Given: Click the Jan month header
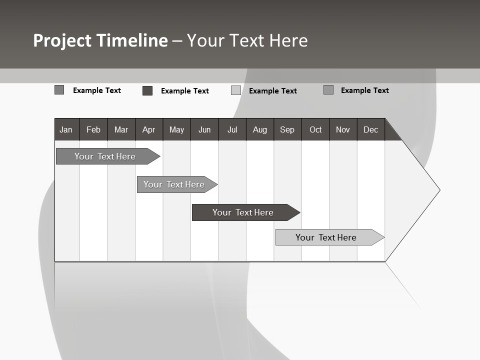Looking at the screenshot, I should coord(66,129).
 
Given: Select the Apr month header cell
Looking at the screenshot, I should coord(149,129).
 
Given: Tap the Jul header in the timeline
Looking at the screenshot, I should coord(232,129).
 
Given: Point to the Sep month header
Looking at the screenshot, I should coord(287,129).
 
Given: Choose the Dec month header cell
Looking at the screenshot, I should coord(370,129).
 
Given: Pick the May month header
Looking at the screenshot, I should coord(176,129).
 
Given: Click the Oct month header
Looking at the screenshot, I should coord(315,129).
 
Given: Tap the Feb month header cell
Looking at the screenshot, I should coord(93,129).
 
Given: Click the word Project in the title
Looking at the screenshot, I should coord(62,40).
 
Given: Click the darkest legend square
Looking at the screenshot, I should coord(147,90).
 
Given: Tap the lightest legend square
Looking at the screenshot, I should coord(236,90).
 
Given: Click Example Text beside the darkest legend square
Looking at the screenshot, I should coord(184,91).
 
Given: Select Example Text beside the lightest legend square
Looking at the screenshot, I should coord(272,91).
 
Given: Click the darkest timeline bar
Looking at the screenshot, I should coord(242,212).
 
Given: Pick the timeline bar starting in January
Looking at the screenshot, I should coord(105,156).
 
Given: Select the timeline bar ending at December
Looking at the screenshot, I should coord(326,237).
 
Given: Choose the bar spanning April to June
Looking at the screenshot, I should coord(174,184).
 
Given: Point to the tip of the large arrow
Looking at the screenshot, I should coord(439,190).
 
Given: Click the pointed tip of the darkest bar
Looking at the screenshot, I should coord(299,212).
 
